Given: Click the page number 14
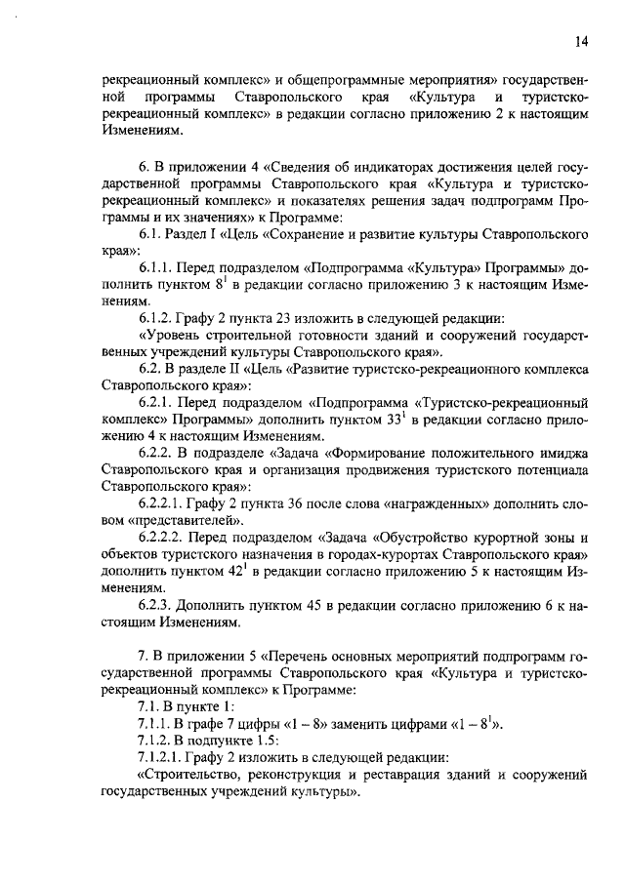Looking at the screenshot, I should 580,41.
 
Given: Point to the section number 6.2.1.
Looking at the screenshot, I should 159,401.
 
